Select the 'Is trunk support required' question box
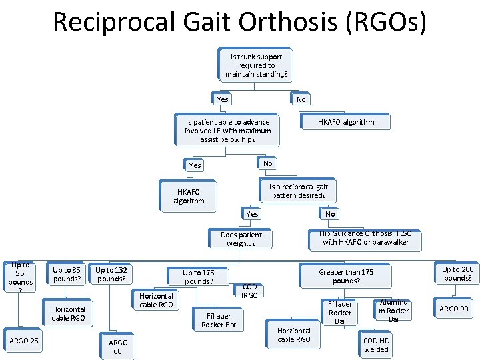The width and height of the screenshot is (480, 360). [x=257, y=65]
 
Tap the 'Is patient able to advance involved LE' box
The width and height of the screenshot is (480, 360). [x=228, y=131]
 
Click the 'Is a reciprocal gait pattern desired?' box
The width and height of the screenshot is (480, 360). [x=298, y=191]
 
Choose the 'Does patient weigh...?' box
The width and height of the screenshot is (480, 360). [x=241, y=239]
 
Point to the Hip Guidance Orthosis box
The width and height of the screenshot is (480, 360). [x=367, y=238]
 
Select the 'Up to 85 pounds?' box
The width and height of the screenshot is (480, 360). [x=67, y=274]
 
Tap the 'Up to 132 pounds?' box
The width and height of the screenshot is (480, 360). [x=111, y=274]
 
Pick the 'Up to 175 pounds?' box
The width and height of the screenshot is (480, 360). [x=199, y=277]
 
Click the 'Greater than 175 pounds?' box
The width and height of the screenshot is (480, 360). [x=346, y=276]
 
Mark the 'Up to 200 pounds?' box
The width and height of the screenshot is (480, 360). [x=457, y=273]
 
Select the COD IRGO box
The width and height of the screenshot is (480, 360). [x=249, y=291]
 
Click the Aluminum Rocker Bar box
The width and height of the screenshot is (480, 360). [x=393, y=311]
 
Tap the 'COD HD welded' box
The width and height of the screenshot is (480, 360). [x=376, y=345]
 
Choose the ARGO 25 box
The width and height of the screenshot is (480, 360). [x=24, y=341]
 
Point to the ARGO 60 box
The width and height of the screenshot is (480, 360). [x=117, y=347]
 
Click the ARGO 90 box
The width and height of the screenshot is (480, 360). [x=453, y=309]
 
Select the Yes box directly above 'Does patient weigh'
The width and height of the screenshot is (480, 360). [x=252, y=214]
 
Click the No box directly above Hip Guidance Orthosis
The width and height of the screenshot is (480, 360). [x=330, y=214]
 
